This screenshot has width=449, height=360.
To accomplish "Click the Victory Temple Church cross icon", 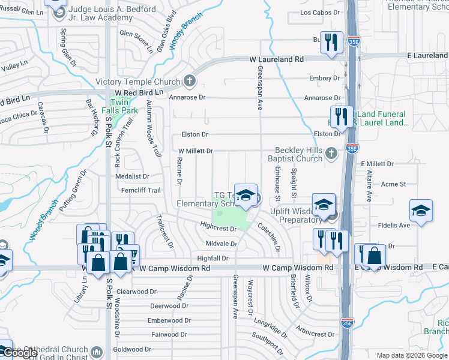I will pyautogui.click(x=190, y=81).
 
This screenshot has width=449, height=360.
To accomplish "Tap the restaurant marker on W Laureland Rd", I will pyautogui.click(x=330, y=43).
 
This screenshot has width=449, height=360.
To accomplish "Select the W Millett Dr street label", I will pyautogui.click(x=196, y=151).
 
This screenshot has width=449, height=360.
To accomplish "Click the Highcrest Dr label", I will pyautogui.click(x=218, y=229).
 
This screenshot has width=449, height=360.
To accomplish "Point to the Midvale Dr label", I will pyautogui.click(x=221, y=244).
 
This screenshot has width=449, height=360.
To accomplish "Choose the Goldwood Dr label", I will pyautogui.click(x=132, y=349).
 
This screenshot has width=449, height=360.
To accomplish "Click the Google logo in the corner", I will pyautogui.click(x=20, y=353).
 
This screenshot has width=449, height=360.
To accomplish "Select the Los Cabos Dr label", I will pyautogui.click(x=319, y=12).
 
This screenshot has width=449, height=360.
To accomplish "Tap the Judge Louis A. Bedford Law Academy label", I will pyautogui.click(x=112, y=14).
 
